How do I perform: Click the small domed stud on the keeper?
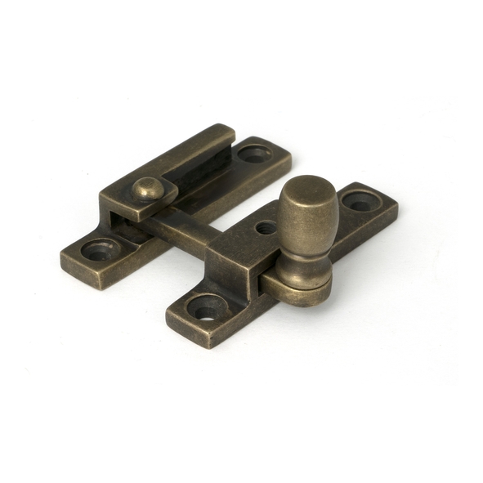click(146, 190)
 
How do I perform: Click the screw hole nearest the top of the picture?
click(255, 153)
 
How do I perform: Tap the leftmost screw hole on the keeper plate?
click(100, 250)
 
